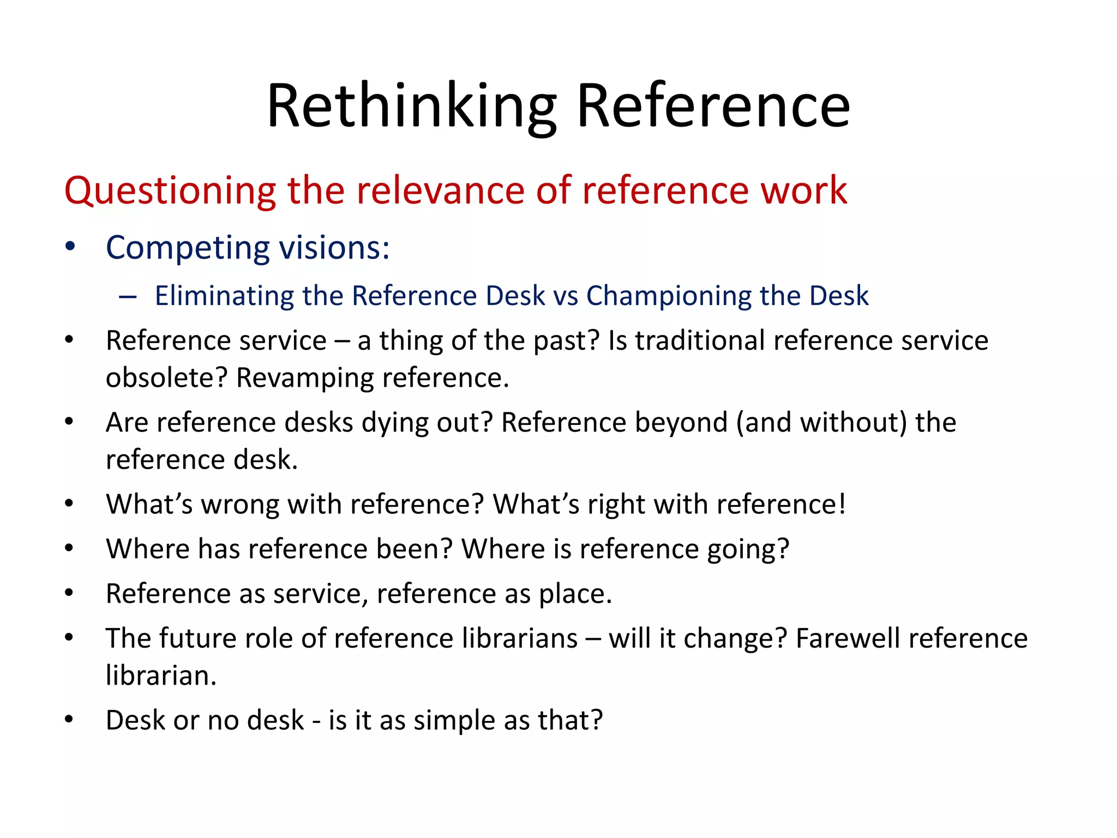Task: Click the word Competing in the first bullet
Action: [x=188, y=248]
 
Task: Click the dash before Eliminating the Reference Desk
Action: [x=128, y=297]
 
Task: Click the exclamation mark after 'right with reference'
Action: [x=842, y=504]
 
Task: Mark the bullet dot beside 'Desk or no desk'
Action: [x=69, y=720]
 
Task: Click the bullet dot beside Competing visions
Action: [x=69, y=247]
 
